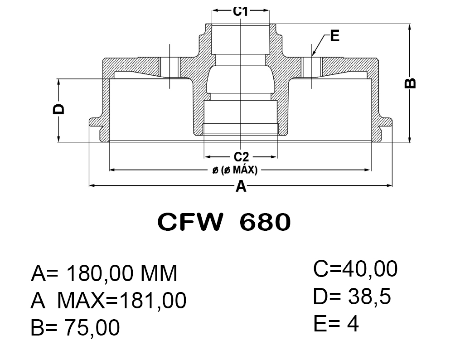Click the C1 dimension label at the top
click(240, 11)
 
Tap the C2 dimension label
click(241, 157)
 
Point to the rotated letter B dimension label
click(410, 83)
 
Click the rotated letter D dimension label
click(58, 109)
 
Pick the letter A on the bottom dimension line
click(241, 186)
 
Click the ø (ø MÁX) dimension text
click(235, 170)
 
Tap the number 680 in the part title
click(265, 222)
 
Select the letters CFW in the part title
click(190, 222)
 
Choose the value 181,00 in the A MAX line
click(152, 300)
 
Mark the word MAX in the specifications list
click(81, 300)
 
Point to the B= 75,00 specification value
click(75, 327)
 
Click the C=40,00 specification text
click(355, 269)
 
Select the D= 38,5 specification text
click(352, 296)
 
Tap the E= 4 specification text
click(336, 323)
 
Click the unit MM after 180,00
click(159, 273)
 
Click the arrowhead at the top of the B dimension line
click(410, 27)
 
